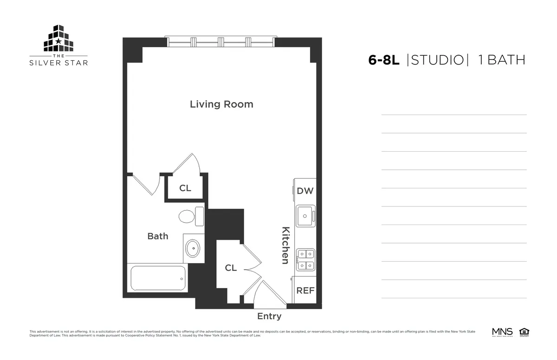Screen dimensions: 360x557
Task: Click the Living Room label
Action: tap(221, 104)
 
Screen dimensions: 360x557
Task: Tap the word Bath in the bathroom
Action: tap(158, 236)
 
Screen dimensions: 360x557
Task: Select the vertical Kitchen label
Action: tap(286, 245)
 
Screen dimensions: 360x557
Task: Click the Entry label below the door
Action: tap(269, 316)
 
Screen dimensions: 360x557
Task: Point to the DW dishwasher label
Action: tap(305, 191)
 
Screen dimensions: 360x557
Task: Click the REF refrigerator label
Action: tap(305, 291)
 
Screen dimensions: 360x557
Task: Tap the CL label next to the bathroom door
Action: tap(185, 188)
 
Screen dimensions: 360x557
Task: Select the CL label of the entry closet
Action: tap(231, 268)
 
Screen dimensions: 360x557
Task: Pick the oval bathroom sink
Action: tap(193, 248)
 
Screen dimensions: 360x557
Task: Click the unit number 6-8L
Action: tap(383, 60)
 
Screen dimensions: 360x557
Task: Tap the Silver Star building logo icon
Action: tap(58, 39)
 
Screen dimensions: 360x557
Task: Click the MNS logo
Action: tap(502, 332)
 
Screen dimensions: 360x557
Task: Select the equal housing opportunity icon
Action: tap(525, 332)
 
